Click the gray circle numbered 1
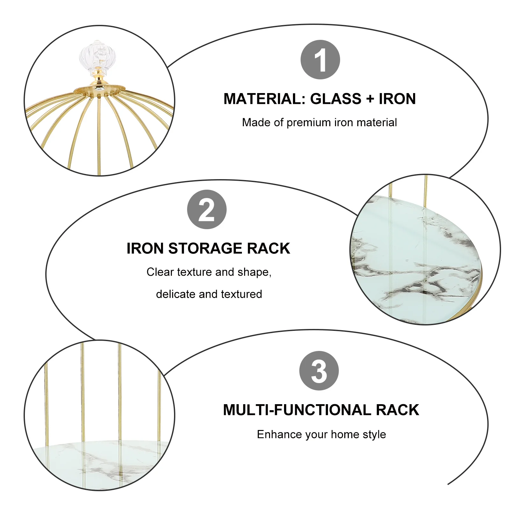(x=320, y=60)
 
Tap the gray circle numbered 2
(x=207, y=209)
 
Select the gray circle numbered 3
(x=319, y=371)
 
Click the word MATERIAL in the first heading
(x=264, y=99)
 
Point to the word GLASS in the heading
(x=336, y=99)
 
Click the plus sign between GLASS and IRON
(x=370, y=99)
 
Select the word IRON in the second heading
(x=145, y=248)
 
